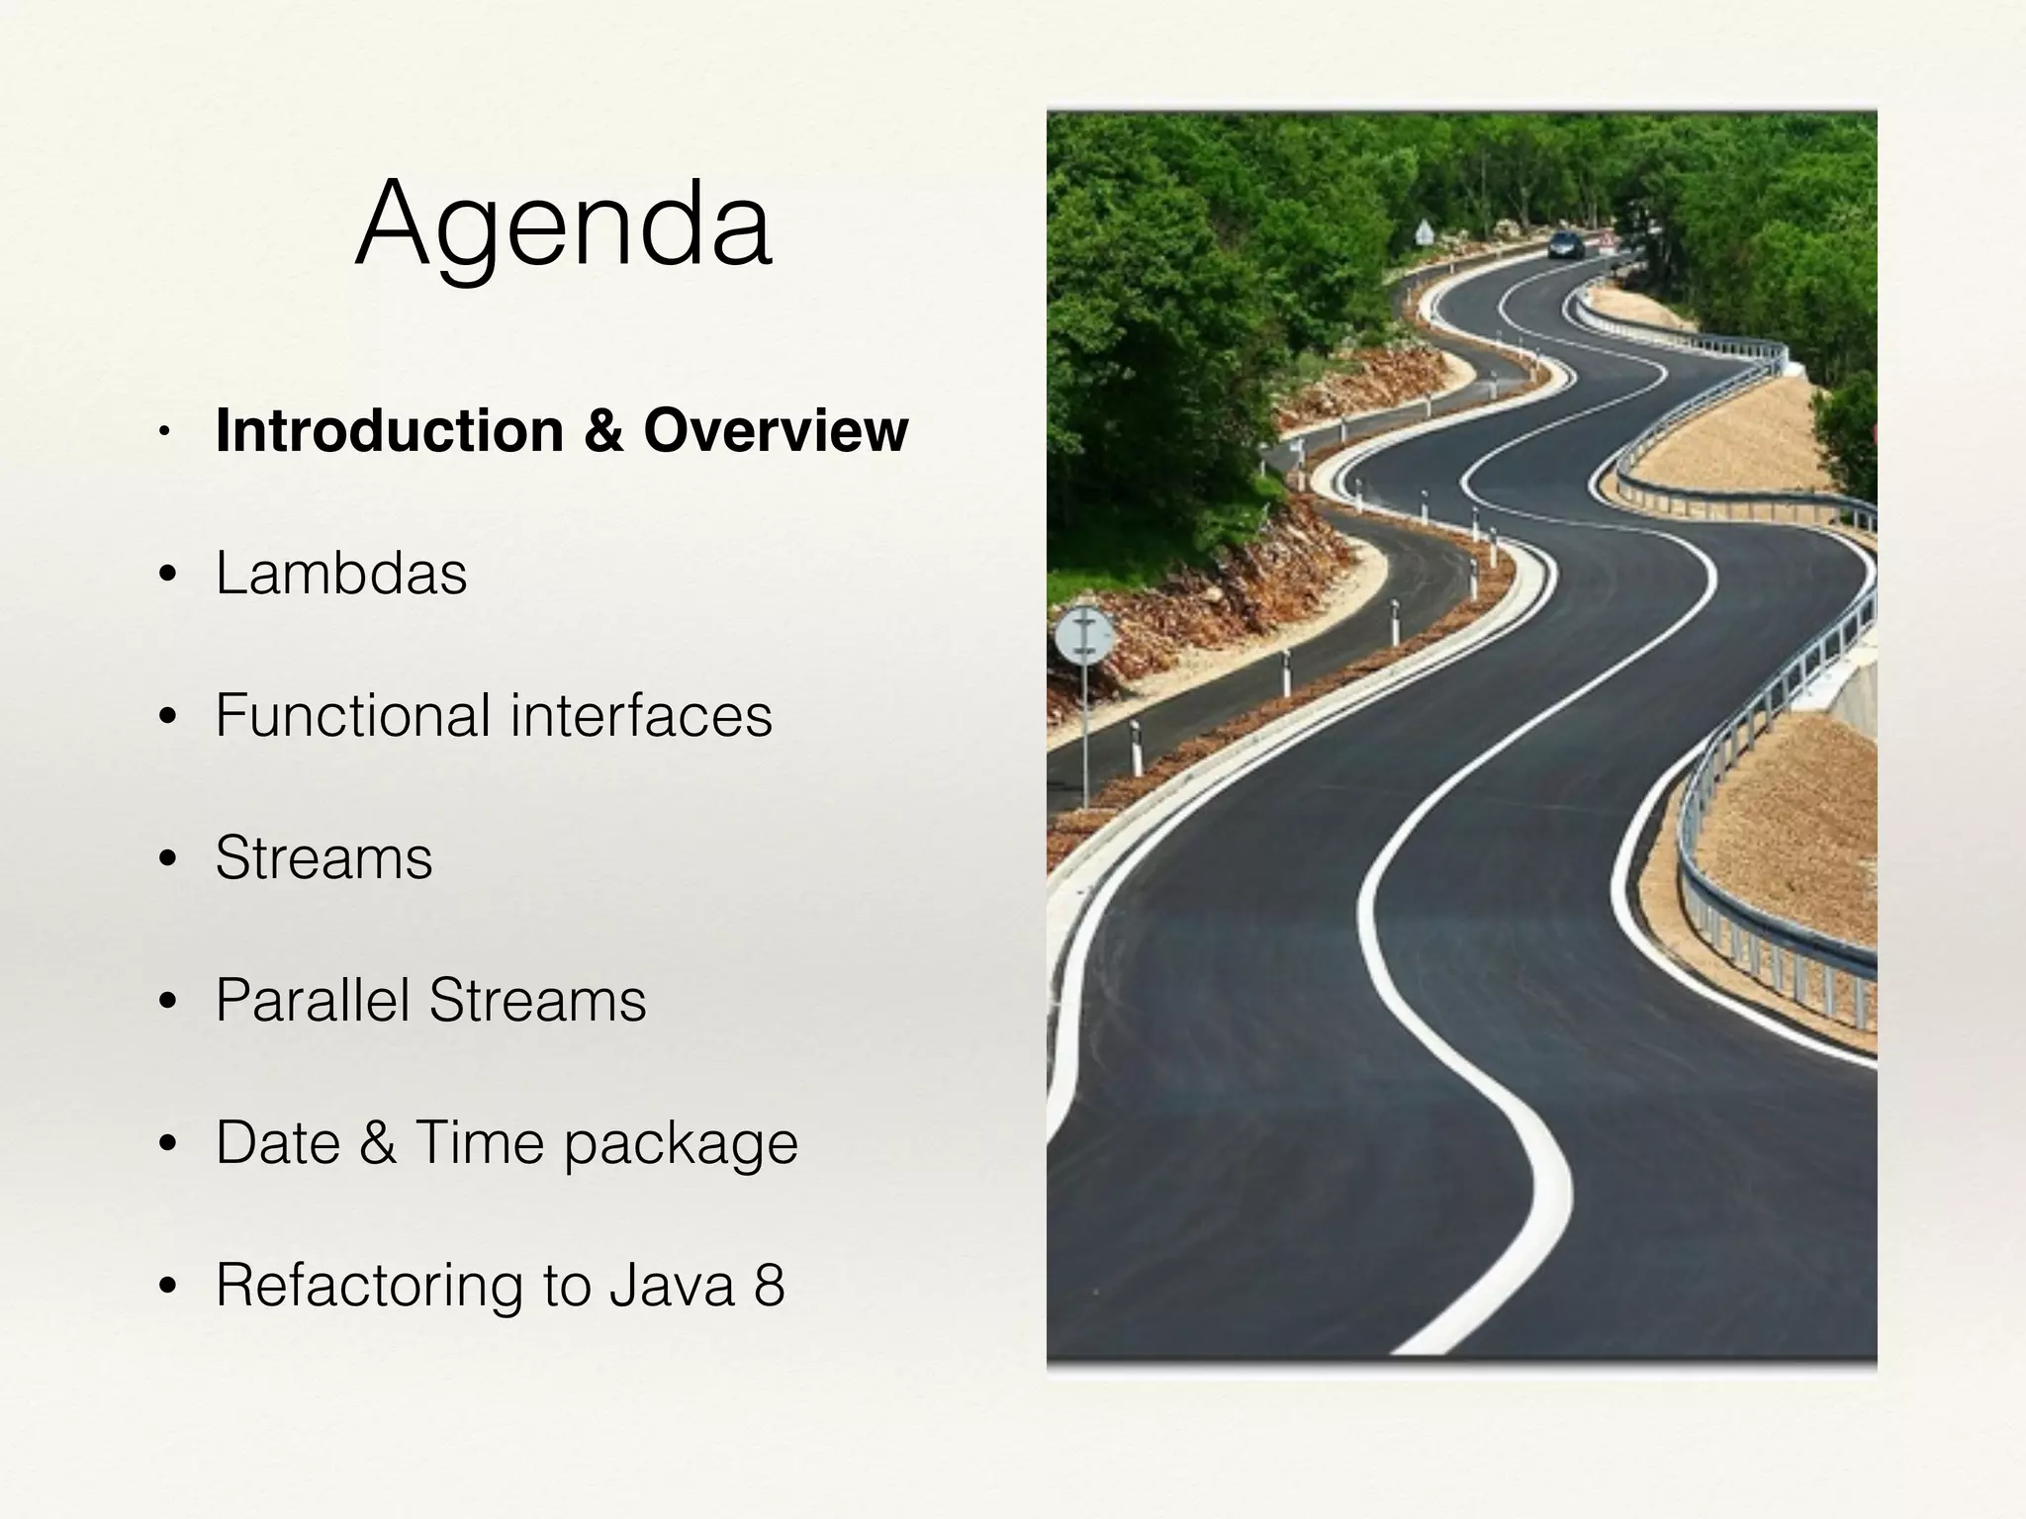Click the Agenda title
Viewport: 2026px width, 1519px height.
click(563, 225)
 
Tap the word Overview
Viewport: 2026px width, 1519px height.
click(775, 431)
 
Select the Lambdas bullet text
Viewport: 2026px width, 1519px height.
click(341, 574)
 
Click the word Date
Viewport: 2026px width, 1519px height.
click(278, 1142)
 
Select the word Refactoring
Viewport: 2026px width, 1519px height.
click(368, 1286)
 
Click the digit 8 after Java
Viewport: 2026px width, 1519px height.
click(769, 1286)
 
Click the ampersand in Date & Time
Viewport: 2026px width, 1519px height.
click(377, 1142)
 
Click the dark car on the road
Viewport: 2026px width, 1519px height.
click(1564, 243)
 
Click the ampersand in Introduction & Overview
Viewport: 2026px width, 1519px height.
click(603, 431)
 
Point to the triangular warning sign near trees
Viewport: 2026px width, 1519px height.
click(1424, 233)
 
